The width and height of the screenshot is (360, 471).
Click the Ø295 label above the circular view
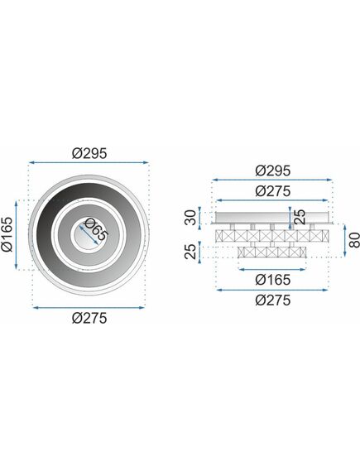[x=89, y=152]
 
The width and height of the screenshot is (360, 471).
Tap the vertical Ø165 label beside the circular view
[x=9, y=235]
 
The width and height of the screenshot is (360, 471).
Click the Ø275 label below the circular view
[x=89, y=318]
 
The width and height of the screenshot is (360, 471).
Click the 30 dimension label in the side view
[x=191, y=219]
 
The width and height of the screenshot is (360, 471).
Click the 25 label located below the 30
[x=191, y=251]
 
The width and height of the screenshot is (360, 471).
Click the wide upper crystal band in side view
[x=272, y=236]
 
